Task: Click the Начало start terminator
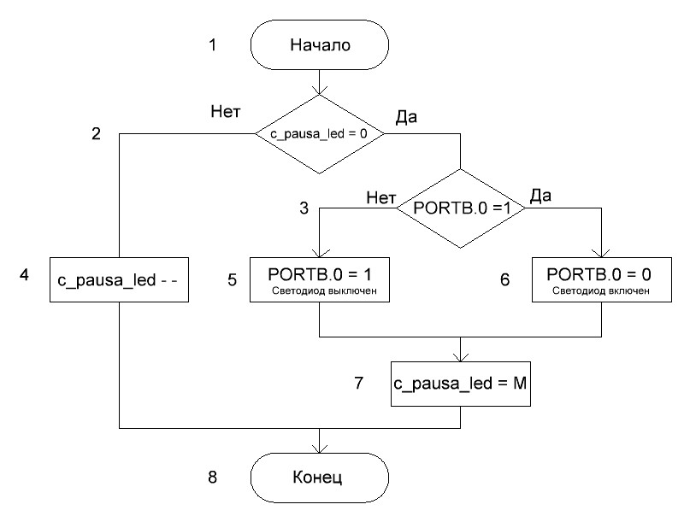[x=320, y=45]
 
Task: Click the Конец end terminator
[x=320, y=476]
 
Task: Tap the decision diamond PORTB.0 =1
[x=461, y=207]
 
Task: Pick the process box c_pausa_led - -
[x=119, y=279]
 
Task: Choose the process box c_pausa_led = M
[x=461, y=384]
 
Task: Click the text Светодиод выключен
[x=319, y=292]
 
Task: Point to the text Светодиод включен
[x=601, y=292]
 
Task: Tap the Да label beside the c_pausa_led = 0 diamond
[x=405, y=117]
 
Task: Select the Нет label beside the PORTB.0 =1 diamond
[x=380, y=196]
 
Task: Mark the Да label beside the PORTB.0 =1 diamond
[x=540, y=196]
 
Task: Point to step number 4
[x=24, y=276]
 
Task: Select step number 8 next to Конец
[x=212, y=476]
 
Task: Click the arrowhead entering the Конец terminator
[x=320, y=449]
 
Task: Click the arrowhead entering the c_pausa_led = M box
[x=461, y=358]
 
